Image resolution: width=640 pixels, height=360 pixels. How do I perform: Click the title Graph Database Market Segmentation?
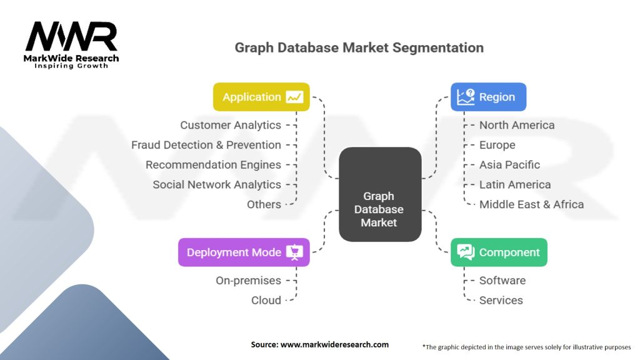tap(359, 47)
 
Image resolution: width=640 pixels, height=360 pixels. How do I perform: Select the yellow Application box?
tap(261, 97)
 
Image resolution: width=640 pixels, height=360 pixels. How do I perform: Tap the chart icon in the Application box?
tap(294, 97)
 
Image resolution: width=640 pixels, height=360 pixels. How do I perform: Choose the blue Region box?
tap(488, 97)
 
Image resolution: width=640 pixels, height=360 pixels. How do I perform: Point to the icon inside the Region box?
tap(466, 96)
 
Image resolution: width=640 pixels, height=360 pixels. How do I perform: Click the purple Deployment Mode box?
tap(244, 252)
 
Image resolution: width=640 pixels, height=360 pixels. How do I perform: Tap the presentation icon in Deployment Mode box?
tap(294, 252)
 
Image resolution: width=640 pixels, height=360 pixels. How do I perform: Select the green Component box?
tap(499, 252)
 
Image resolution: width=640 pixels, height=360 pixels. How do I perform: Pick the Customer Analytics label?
tap(231, 125)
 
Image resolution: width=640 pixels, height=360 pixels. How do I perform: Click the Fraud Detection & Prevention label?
tap(206, 145)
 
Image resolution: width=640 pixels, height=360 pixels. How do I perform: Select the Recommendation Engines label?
tap(213, 165)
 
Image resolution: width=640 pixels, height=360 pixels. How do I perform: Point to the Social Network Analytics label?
tap(217, 184)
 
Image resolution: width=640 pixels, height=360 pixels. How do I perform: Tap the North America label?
tap(517, 125)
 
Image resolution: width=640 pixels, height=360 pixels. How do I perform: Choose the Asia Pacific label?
tap(509, 165)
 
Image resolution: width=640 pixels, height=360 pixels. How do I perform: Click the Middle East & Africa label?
tap(531, 204)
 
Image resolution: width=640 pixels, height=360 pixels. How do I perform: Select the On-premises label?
tap(248, 281)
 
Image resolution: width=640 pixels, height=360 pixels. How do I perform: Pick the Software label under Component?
tap(502, 281)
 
